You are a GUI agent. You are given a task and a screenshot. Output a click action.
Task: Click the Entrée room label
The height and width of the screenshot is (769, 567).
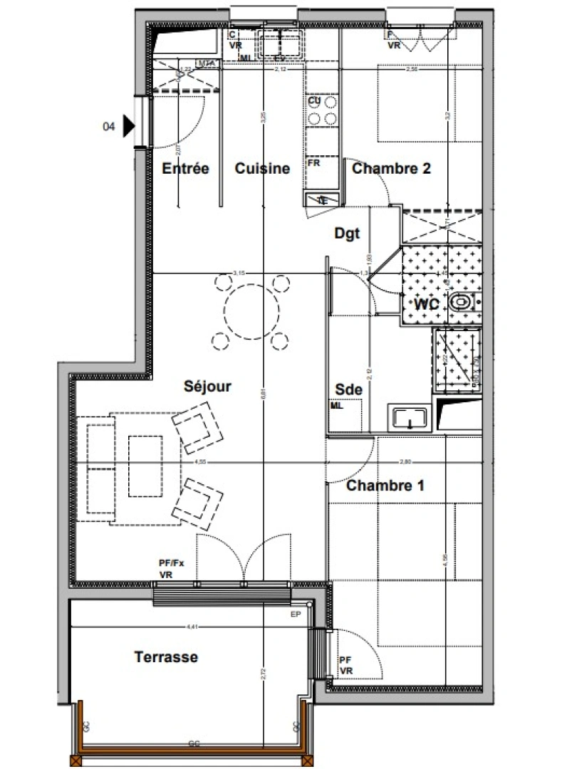click(185, 169)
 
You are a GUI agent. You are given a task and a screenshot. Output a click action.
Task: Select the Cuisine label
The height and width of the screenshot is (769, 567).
click(262, 169)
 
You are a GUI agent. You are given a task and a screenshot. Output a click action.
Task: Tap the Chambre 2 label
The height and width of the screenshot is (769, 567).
click(391, 169)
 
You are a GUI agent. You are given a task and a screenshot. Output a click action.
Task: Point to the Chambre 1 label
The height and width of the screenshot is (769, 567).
click(385, 486)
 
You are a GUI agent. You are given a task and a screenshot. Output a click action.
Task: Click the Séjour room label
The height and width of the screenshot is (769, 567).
click(207, 387)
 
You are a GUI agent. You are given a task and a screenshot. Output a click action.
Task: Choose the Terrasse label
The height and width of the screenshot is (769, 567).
click(166, 656)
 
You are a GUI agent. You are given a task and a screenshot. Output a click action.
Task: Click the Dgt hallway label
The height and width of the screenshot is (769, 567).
click(347, 233)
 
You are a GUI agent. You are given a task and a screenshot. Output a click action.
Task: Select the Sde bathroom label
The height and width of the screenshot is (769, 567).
click(348, 389)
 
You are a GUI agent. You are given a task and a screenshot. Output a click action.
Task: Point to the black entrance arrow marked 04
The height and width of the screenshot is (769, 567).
click(128, 127)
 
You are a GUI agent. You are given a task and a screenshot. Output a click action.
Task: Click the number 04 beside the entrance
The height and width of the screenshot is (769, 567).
click(109, 127)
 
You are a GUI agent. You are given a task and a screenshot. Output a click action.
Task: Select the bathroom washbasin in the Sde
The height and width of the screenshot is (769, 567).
click(409, 417)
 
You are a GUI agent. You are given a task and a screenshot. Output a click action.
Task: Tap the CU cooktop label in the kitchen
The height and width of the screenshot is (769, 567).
click(314, 101)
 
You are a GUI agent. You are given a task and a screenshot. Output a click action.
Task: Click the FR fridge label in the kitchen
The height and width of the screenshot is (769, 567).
click(313, 162)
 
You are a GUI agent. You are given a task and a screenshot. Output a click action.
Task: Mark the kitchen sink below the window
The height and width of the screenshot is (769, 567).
click(280, 43)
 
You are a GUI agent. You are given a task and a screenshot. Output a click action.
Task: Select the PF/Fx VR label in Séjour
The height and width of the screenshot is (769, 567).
click(171, 568)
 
